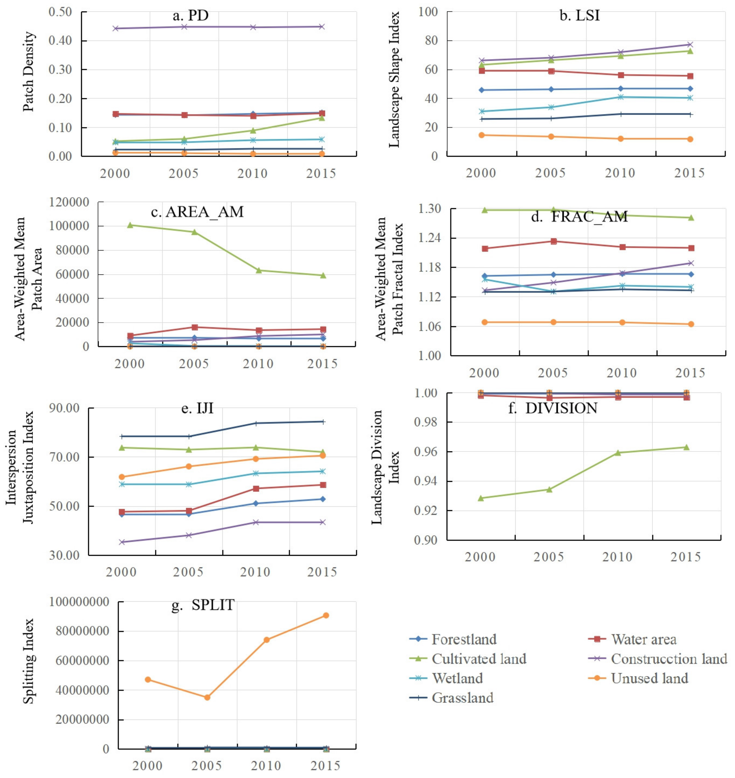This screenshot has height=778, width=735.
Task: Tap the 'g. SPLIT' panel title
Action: (203, 605)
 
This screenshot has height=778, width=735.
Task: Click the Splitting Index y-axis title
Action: (28, 661)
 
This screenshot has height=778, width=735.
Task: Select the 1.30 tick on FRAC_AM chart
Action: (430, 209)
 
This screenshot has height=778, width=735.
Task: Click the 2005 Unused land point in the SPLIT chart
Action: (207, 697)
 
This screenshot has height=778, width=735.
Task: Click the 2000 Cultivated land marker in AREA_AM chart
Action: (130, 225)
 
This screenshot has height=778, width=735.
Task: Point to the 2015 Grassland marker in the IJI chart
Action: (323, 422)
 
